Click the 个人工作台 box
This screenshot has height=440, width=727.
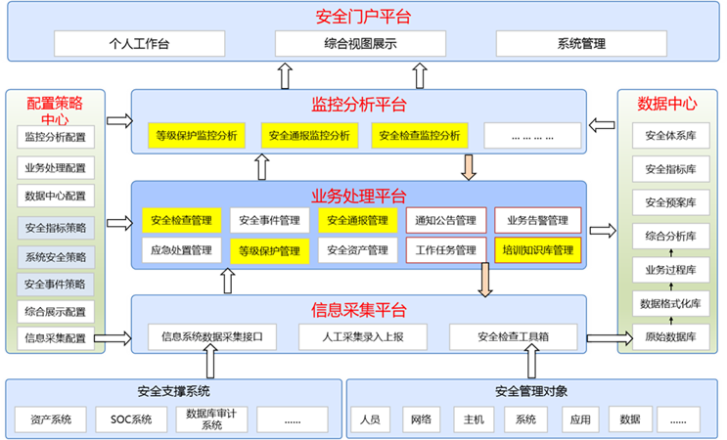140,44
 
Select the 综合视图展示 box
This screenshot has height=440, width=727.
360,44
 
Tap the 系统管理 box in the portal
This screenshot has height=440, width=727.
581,44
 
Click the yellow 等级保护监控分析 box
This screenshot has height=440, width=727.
197,135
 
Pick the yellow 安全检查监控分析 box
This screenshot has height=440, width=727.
420,135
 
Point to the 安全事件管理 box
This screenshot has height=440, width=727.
269,220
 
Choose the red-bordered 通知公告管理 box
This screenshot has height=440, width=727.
446,220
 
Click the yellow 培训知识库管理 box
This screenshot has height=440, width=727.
538,250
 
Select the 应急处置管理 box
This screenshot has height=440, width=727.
181,250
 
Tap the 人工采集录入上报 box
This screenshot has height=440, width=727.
363,336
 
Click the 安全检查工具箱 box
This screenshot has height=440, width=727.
514,336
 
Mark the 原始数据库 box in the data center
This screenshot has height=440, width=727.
671,336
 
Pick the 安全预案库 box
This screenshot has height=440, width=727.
671,202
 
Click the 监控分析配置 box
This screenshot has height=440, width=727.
56,137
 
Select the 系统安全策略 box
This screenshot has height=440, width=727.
56,257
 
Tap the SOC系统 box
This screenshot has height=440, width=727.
131,419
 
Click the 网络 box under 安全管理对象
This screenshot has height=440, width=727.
421,419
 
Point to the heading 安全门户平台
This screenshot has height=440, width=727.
363,17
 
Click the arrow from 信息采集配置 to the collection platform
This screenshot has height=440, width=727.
113,338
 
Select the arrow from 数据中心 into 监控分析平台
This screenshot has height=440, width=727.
602,125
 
